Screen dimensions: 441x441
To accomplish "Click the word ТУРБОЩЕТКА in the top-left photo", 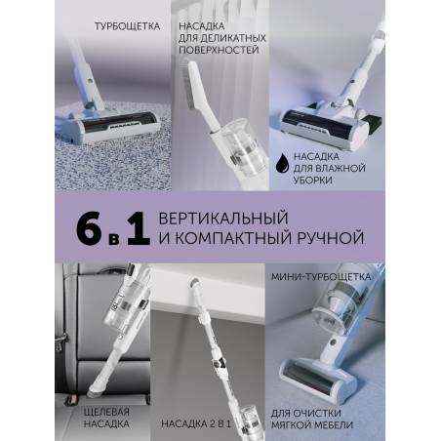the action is pyautogui.click(x=127, y=26).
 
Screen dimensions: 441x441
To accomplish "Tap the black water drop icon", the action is pyautogui.click(x=282, y=162).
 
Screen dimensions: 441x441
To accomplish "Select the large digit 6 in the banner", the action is pyautogui.click(x=90, y=228).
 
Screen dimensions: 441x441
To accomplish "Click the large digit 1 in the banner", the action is pyautogui.click(x=139, y=228).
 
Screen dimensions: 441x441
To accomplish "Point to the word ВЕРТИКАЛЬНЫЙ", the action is pyautogui.click(x=223, y=218).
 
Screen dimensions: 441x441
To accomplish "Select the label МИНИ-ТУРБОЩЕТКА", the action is pyautogui.click(x=321, y=277).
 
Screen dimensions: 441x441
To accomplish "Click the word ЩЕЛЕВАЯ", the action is pyautogui.click(x=106, y=412).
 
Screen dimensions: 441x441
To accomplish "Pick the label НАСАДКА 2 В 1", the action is pyautogui.click(x=196, y=423).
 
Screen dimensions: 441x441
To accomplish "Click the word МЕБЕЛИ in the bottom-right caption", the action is pyautogui.click(x=331, y=424).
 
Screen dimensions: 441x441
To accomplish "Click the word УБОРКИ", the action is pyautogui.click(x=312, y=180).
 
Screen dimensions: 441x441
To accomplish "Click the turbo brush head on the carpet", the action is pyautogui.click(x=109, y=126).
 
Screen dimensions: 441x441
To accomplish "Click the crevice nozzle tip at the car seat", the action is pyautogui.click(x=95, y=389).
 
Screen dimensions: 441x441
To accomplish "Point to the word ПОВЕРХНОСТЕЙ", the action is pyautogui.click(x=219, y=51).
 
